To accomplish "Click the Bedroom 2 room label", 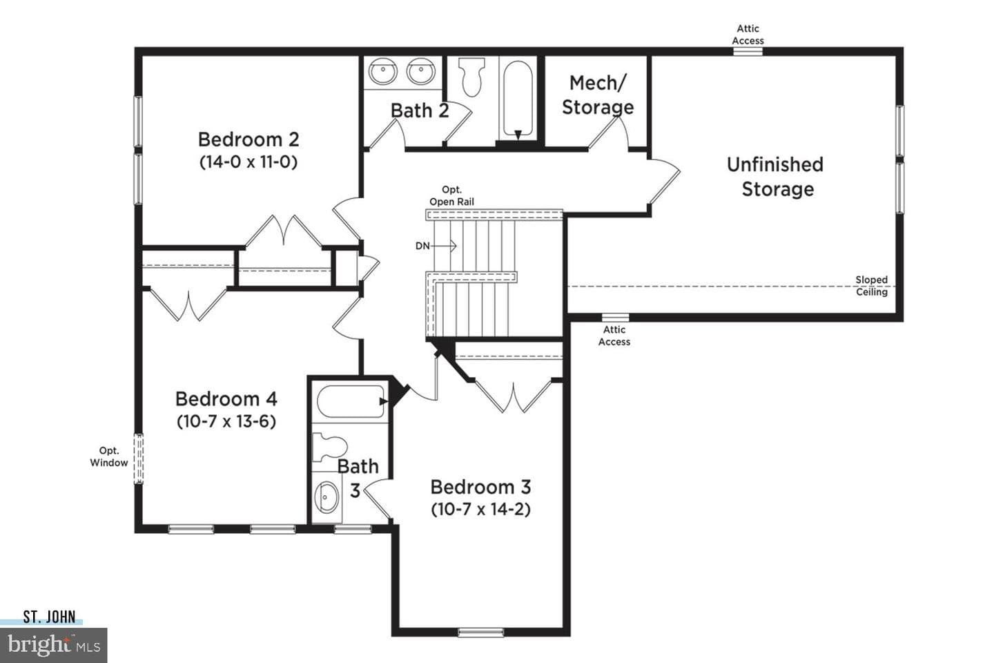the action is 248,140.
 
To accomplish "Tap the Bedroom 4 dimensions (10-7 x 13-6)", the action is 226,421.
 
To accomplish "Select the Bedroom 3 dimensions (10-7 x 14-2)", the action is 480,509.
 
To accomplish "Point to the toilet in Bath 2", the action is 471,77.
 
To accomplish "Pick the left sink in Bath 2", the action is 383,72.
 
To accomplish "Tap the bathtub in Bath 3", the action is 351,401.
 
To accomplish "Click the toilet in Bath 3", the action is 330,448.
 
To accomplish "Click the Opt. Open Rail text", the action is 451,196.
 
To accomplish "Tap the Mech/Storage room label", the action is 598,95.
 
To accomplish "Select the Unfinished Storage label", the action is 775,177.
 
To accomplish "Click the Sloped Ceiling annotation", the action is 872,285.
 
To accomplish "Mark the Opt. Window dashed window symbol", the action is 139,459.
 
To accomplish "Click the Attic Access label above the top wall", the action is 748,35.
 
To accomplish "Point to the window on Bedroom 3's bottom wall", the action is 480,633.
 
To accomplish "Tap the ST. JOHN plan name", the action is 49,617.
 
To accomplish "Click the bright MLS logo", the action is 54,645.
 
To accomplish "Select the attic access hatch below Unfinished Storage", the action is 615,318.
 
